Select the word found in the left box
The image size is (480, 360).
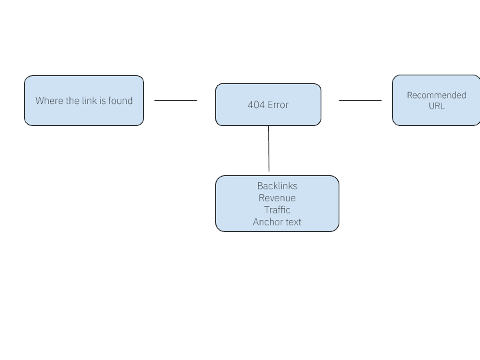tap(121, 101)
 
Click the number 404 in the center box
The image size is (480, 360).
tap(256, 105)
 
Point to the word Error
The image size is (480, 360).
tap(278, 105)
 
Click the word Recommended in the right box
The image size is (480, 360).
tap(437, 95)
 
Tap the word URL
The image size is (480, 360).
tap(437, 106)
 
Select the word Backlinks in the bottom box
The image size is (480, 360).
tap(277, 186)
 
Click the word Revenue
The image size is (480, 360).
tap(277, 198)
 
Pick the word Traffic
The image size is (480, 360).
tap(277, 210)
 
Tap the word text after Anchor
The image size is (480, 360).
tap(293, 222)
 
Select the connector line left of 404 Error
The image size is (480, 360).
tap(176, 101)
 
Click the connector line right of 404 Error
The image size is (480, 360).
tap(360, 101)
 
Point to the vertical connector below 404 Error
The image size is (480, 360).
tap(269, 150)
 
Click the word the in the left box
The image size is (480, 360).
tap(72, 101)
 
